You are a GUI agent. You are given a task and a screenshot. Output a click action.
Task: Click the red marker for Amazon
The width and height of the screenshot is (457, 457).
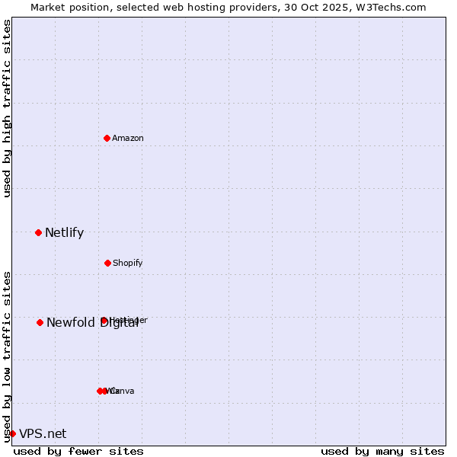107,138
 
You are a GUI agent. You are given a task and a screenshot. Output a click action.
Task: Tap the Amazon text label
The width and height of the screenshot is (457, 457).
128,138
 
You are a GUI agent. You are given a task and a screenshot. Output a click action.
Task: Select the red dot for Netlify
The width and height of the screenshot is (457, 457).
39,232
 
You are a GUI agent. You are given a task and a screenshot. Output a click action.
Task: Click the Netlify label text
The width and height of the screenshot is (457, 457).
64,232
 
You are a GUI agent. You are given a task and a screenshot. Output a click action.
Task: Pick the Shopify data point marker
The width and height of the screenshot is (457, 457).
107,263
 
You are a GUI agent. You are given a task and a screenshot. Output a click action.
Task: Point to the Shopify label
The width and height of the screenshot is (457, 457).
128,263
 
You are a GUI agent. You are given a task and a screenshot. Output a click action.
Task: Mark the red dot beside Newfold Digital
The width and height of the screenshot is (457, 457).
40,322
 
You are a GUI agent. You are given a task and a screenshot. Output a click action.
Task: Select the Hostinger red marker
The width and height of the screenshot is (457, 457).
104,320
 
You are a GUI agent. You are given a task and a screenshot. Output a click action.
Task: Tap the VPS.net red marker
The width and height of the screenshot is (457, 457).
12,433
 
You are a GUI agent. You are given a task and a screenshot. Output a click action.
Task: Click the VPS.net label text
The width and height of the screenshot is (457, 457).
43,433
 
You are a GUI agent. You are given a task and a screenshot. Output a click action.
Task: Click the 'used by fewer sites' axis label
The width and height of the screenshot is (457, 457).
78,451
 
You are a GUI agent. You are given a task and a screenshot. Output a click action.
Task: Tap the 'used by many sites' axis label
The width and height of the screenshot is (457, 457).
382,451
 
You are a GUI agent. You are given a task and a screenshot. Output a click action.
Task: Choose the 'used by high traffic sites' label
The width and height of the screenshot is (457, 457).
7,108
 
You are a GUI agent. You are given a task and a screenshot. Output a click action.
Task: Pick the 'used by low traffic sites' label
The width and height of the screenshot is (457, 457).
7,356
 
